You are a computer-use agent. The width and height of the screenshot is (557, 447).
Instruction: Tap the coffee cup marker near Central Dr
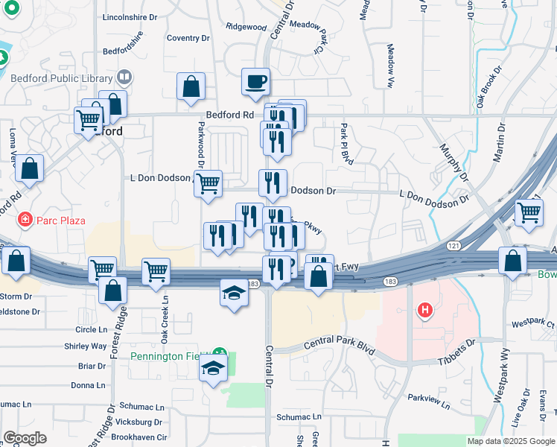click(255, 81)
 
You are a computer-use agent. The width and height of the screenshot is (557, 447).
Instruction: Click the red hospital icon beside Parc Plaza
click(25, 220)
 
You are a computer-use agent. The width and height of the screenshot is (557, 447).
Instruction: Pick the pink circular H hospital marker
click(424, 310)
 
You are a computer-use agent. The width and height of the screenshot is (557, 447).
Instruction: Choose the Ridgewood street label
click(246, 27)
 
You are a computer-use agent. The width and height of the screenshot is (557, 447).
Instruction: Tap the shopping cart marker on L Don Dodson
click(208, 183)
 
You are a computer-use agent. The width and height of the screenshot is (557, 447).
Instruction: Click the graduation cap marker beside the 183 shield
click(233, 292)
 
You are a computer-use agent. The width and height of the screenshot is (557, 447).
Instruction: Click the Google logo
click(25, 438)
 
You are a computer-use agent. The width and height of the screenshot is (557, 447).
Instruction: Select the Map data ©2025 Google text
click(510, 441)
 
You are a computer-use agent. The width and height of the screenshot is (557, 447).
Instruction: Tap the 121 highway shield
click(453, 244)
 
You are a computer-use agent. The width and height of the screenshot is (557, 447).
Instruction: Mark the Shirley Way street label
click(86, 346)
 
